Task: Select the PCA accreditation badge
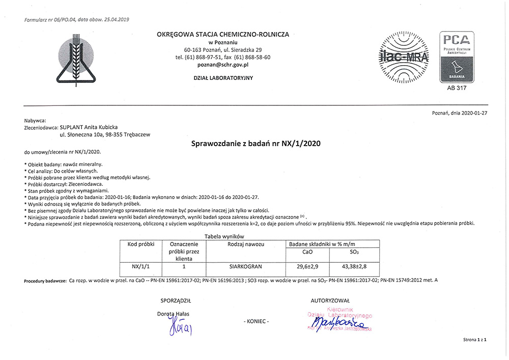[457, 57]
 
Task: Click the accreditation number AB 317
[457, 88]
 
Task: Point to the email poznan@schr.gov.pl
[223, 65]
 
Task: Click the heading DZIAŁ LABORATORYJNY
[223, 78]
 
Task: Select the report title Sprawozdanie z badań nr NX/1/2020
[256, 144]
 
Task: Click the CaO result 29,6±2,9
[307, 266]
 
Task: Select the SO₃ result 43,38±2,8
[355, 266]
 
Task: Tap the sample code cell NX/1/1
[140, 266]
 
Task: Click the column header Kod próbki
[140, 244]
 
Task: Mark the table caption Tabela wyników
[224, 236]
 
